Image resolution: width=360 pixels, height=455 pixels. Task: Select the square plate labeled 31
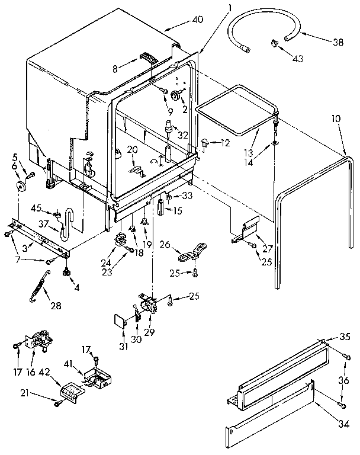pos(121,321)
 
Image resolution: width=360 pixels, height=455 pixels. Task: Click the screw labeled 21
pos(57,403)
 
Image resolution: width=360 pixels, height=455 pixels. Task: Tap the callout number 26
pos(165,243)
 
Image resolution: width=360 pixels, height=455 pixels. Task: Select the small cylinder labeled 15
pos(160,209)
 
